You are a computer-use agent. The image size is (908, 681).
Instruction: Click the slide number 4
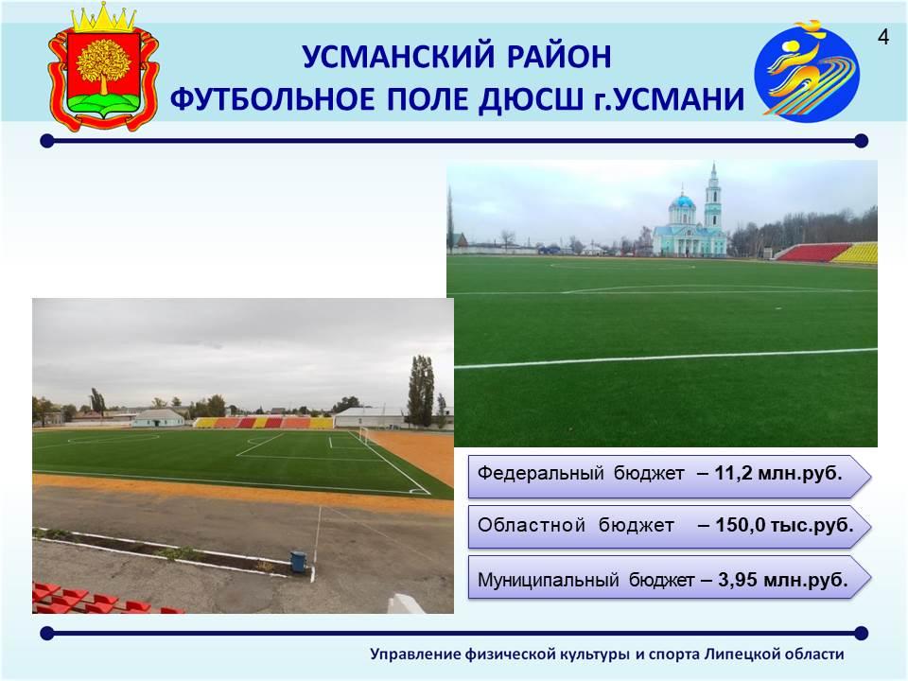click(883, 37)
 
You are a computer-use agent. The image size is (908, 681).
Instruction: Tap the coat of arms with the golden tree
click(103, 66)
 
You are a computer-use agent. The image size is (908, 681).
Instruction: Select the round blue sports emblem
click(807, 71)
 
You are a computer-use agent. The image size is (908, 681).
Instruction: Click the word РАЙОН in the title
click(559, 57)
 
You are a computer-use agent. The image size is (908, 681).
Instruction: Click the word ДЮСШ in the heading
click(531, 99)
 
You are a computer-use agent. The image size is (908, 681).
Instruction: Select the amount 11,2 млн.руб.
click(777, 473)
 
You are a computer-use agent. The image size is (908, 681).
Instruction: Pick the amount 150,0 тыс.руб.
click(784, 525)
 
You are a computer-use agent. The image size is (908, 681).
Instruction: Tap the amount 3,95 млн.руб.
click(783, 579)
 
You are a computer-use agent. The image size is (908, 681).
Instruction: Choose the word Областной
click(531, 525)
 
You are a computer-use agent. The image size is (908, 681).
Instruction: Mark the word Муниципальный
click(548, 580)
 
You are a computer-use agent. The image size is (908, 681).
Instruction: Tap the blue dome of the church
click(682, 201)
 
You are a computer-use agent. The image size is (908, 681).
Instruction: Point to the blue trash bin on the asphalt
click(298, 561)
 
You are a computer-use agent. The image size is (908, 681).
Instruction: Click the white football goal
click(363, 435)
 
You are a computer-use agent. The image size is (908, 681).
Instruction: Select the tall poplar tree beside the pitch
click(421, 392)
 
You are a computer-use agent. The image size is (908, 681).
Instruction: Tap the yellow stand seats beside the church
click(857, 253)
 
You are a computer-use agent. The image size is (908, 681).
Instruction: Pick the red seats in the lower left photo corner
click(98, 599)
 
